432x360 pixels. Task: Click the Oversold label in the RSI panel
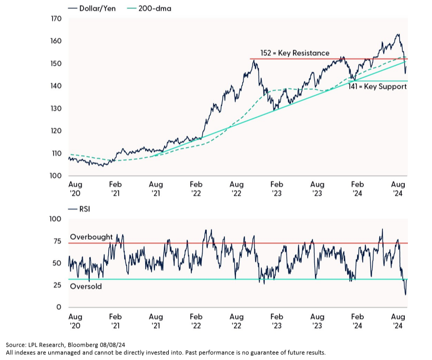86,286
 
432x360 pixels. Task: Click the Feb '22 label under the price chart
196,188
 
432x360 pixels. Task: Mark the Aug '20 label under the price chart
75,188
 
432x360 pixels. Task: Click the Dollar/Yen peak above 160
398,35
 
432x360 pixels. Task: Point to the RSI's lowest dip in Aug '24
405,294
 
